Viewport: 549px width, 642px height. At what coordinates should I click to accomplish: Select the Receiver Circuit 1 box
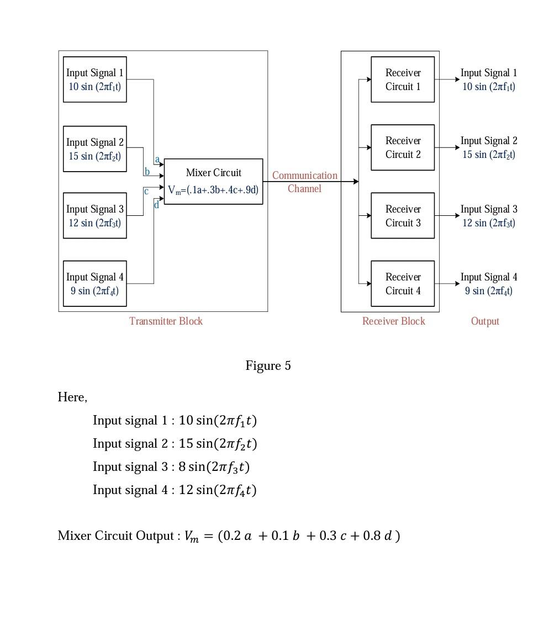(x=403, y=79)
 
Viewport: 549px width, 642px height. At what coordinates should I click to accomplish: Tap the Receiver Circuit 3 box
(x=403, y=216)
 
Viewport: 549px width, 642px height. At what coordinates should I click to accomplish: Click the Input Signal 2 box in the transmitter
(x=95, y=149)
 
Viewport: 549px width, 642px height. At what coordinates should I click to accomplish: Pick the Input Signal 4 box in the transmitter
(x=95, y=284)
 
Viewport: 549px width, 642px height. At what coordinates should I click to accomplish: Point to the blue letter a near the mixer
(x=157, y=160)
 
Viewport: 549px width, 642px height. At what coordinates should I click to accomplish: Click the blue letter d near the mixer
(x=156, y=205)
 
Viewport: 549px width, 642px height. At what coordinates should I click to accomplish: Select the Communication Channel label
(x=304, y=182)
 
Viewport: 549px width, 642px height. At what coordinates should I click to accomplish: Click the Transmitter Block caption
(x=166, y=321)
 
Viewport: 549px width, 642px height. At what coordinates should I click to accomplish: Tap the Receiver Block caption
(x=393, y=321)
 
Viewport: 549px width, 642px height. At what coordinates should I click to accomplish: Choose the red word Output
(x=485, y=321)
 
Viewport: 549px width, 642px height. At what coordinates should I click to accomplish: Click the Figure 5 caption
(x=268, y=366)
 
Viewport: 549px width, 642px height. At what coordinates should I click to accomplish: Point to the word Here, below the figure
(x=72, y=397)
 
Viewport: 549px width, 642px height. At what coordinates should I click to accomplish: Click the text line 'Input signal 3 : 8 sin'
(x=171, y=467)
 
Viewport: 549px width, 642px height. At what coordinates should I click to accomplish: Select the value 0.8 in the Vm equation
(x=372, y=536)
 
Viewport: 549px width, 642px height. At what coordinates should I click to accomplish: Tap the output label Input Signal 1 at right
(x=489, y=73)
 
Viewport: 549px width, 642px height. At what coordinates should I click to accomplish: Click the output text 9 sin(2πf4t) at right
(x=489, y=291)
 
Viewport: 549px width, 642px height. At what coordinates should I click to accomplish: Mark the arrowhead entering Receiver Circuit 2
(x=368, y=147)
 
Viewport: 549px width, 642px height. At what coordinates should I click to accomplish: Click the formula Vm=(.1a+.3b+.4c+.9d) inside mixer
(x=213, y=190)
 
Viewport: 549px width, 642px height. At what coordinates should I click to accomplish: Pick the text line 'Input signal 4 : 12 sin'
(x=175, y=490)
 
